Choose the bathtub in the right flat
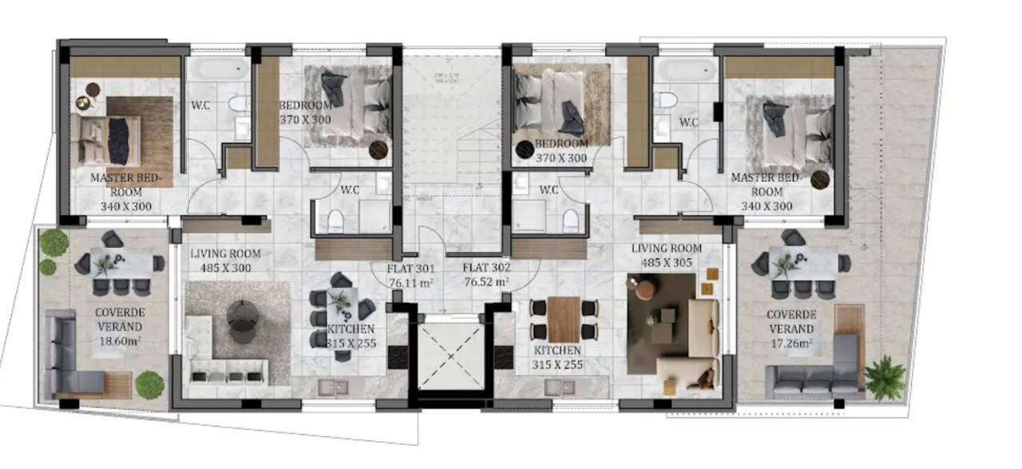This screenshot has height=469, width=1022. (685, 69)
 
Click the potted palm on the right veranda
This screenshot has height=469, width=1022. (885, 377)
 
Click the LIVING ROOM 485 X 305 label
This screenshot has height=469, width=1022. (666, 255)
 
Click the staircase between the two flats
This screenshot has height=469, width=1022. (452, 136)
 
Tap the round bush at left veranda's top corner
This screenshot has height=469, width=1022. (54, 242)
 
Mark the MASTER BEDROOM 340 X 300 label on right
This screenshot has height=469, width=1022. (766, 192)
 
